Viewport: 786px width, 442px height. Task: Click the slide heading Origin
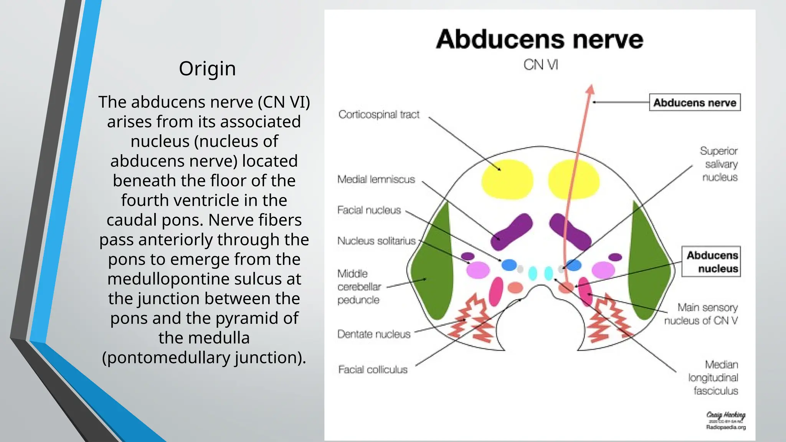pyautogui.click(x=207, y=69)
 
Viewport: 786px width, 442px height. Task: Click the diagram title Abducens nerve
pyautogui.click(x=539, y=40)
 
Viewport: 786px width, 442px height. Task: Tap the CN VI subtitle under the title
pyautogui.click(x=540, y=64)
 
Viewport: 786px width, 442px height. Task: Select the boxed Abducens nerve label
pyautogui.click(x=695, y=102)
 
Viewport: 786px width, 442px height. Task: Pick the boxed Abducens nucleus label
pyautogui.click(x=711, y=262)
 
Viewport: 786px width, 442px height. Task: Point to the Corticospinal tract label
pyautogui.click(x=379, y=114)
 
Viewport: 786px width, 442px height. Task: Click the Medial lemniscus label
pyautogui.click(x=376, y=179)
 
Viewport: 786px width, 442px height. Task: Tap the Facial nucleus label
pyautogui.click(x=369, y=210)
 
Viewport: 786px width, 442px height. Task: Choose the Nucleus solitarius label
pyautogui.click(x=376, y=241)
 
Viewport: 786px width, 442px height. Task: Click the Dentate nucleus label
pyautogui.click(x=374, y=334)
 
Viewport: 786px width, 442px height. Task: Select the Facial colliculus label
pyautogui.click(x=373, y=369)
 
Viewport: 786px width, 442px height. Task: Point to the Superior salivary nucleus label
pyautogui.click(x=719, y=164)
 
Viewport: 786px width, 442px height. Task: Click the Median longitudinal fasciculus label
pyautogui.click(x=713, y=378)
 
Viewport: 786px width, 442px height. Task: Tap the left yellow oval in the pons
pyautogui.click(x=507, y=179)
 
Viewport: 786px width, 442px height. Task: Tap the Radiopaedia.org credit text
pyautogui.click(x=726, y=427)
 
